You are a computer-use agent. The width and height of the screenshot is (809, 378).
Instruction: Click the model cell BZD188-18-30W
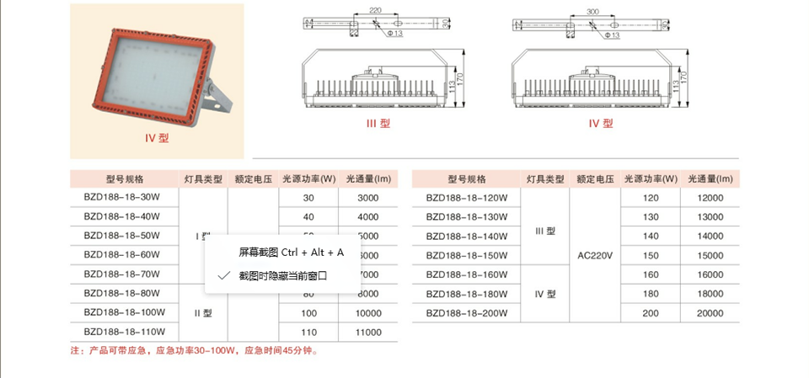coord(122,198)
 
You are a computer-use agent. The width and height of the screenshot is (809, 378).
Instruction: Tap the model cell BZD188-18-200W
coord(467,313)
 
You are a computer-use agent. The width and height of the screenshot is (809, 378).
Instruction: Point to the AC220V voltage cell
coord(594,255)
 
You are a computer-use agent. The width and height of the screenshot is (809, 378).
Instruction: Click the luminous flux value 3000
coord(368,198)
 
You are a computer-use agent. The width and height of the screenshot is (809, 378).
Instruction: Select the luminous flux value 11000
coord(368,333)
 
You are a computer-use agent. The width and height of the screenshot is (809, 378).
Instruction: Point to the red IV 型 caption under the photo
coord(158,137)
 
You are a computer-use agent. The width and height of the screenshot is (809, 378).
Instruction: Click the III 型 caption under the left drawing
coord(378,124)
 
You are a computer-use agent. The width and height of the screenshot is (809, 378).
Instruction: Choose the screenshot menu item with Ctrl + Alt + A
coord(291,253)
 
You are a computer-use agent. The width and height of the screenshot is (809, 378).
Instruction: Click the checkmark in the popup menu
coord(223,275)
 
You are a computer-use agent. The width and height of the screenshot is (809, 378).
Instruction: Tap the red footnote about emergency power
coord(193,351)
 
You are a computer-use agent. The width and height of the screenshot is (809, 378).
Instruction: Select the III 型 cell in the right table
coord(545,231)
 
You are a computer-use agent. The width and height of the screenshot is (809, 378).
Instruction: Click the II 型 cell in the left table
coord(202,313)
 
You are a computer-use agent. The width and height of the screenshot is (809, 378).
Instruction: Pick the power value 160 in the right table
coord(651,274)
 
